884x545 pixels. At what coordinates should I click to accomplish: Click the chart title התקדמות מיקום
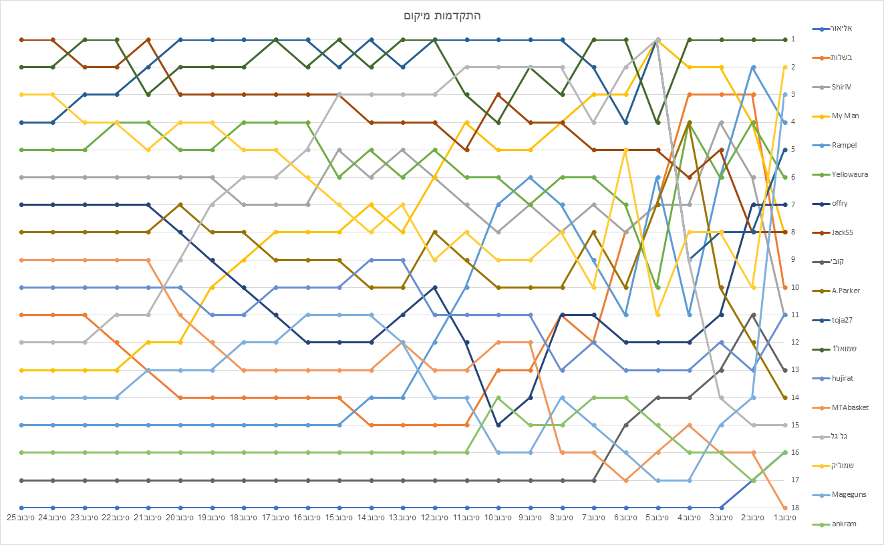coord(442,15)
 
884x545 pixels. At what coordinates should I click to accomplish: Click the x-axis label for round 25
coord(21,518)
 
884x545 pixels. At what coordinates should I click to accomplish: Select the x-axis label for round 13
coord(403,518)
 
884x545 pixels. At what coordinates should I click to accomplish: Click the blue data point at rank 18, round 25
coord(21,508)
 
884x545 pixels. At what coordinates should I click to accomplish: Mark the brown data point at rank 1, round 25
coord(21,39)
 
